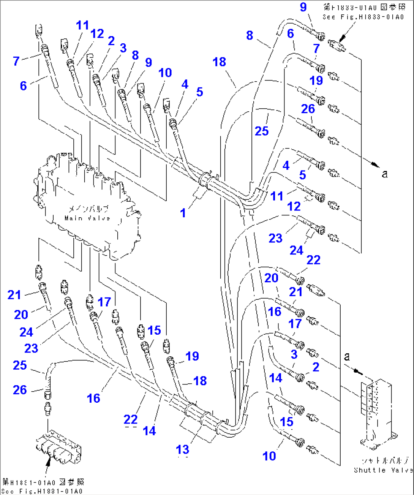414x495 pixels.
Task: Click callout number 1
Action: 183,213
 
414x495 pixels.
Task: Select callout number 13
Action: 182,449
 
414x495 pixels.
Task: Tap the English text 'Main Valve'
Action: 87,218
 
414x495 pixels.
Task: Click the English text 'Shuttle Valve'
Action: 383,470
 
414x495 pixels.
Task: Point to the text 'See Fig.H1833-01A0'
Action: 363,17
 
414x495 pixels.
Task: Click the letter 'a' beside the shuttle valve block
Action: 347,357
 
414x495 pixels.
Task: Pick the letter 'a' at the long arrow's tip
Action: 385,174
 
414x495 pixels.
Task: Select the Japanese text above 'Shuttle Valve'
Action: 384,461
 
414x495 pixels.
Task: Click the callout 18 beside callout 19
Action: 200,381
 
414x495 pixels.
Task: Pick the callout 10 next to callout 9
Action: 165,73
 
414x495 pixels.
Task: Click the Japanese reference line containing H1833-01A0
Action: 364,7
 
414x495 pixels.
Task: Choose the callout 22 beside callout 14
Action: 130,419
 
